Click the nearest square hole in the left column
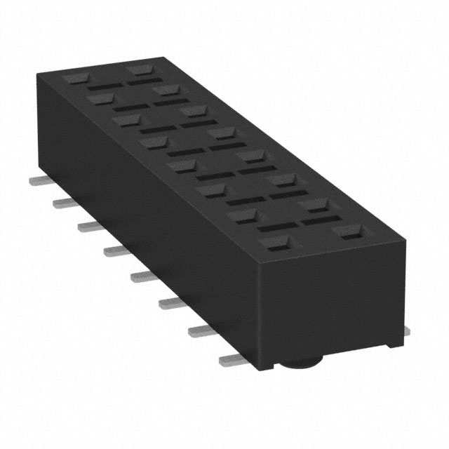[x=275, y=244]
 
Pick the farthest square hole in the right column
[x=140, y=70]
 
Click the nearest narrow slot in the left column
[x=276, y=228]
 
